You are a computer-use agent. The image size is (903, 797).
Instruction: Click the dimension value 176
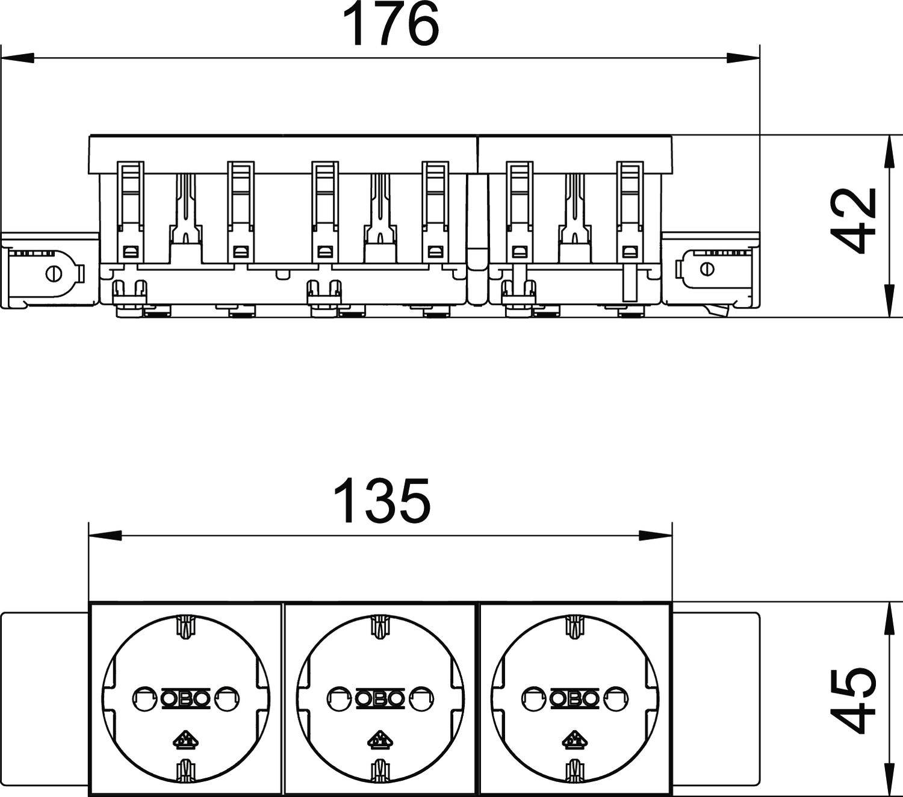click(390, 25)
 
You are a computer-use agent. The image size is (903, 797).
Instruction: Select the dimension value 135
click(382, 501)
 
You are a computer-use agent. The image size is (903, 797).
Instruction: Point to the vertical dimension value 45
click(854, 698)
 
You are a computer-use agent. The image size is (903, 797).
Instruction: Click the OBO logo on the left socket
click(185, 698)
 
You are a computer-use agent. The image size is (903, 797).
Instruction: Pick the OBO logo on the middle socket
click(380, 698)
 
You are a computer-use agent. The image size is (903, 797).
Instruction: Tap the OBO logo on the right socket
click(575, 698)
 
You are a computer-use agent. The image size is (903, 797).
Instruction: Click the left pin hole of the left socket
click(143, 698)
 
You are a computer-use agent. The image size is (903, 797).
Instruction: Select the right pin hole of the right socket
click(617, 698)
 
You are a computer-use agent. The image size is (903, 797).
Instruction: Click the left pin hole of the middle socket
click(337, 698)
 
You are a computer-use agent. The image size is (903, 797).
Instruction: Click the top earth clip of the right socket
click(575, 626)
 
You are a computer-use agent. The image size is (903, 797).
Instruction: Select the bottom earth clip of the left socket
click(185, 771)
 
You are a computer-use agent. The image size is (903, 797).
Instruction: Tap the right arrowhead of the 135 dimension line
click(656, 535)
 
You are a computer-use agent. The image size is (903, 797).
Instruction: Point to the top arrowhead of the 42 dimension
click(887, 150)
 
